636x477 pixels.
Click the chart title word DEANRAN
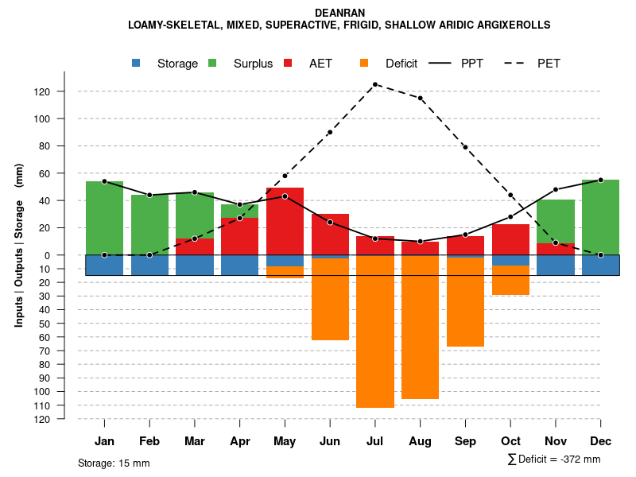339,13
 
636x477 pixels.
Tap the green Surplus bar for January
104,218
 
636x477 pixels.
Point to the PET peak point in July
375,84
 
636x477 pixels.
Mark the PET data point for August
421,98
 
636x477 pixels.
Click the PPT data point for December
601,180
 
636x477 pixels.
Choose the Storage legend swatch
137,64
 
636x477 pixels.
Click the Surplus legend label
253,64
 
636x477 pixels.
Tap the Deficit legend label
401,64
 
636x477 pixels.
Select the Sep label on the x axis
465,441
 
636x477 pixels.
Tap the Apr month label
239,441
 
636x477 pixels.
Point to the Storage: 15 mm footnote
114,463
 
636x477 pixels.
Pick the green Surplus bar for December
601,217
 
